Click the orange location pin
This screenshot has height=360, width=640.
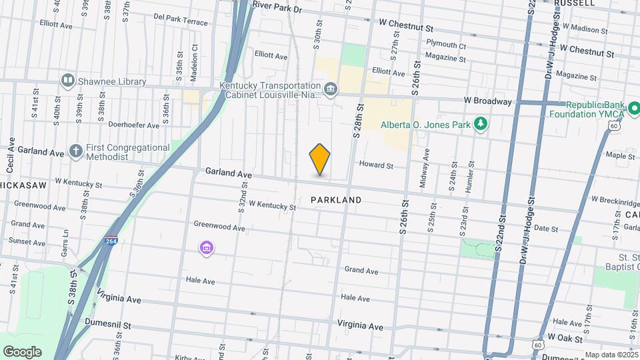tap(320, 159)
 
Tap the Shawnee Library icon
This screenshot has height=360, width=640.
tap(67, 81)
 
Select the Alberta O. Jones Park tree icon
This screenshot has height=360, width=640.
tap(479, 124)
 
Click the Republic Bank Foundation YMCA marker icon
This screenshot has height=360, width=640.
tap(634, 107)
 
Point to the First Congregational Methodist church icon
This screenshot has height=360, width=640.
tap(76, 151)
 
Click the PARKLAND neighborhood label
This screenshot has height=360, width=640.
tap(336, 200)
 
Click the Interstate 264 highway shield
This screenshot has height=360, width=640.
tap(109, 242)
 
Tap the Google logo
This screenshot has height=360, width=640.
tap(22, 351)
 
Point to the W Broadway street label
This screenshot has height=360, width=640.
tap(492, 101)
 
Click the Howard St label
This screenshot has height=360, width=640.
tap(377, 165)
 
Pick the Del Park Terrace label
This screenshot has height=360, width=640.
tap(180, 22)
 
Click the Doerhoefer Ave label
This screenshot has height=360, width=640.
tap(134, 125)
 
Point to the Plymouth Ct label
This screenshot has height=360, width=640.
tap(446, 45)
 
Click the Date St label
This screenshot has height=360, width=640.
tap(546, 228)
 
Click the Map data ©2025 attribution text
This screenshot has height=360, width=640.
tap(611, 355)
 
